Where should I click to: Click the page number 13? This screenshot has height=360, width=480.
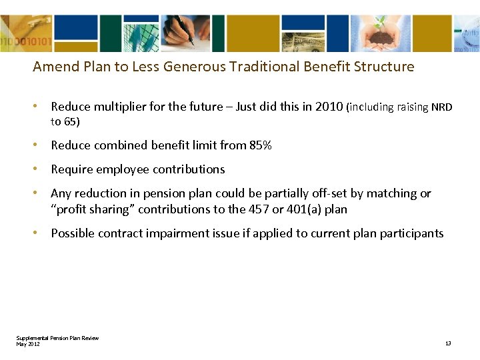(x=448, y=343)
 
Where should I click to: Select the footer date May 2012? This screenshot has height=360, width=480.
(x=28, y=343)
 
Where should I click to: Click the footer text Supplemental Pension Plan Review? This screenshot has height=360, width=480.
(x=57, y=338)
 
